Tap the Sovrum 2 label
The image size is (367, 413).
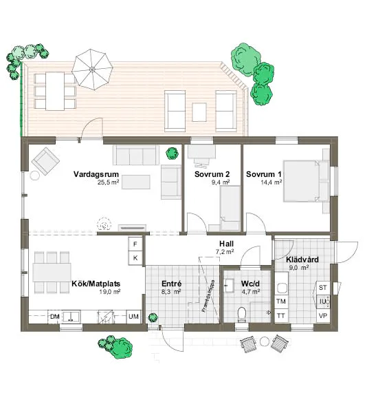click(205, 174)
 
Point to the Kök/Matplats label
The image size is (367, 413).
click(96, 283)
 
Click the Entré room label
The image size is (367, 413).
click(170, 283)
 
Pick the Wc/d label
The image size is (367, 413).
click(250, 283)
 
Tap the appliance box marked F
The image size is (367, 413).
click(135, 244)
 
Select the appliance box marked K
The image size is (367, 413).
click(135, 257)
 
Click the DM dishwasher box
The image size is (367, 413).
click(55, 316)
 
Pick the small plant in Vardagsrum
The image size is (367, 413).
click(170, 153)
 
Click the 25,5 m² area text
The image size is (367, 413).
click(109, 183)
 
